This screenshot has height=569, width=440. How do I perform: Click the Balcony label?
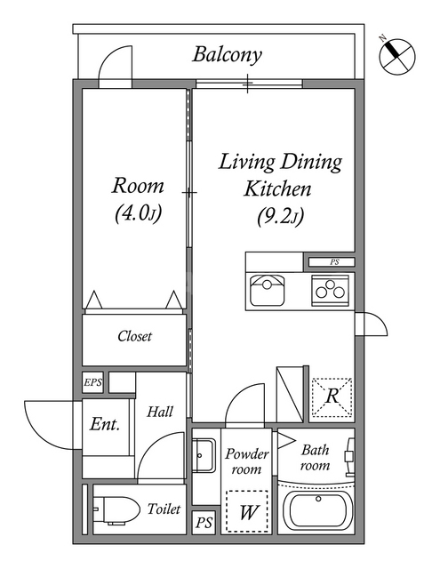click(227, 55)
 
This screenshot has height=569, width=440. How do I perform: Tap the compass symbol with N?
click(396, 56)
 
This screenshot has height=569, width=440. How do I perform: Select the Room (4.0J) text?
click(138, 199)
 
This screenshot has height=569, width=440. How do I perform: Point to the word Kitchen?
click(277, 188)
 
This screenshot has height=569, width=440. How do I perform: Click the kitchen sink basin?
click(268, 290)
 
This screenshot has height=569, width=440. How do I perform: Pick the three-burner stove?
click(330, 290)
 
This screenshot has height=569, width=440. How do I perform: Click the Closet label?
click(134, 336)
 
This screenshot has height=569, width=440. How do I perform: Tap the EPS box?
click(92, 382)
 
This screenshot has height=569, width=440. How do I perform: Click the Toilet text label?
click(164, 509)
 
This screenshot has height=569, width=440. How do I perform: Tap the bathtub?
click(318, 509)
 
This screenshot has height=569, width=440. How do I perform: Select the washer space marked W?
click(247, 511)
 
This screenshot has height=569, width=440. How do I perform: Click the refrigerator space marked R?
click(332, 397)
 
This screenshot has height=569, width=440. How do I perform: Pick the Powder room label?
click(247, 461)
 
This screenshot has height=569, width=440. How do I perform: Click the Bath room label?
click(316, 458)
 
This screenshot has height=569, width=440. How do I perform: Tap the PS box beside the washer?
click(204, 523)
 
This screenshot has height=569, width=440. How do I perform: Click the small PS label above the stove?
click(334, 261)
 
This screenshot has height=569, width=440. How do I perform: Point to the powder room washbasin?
click(204, 455)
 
